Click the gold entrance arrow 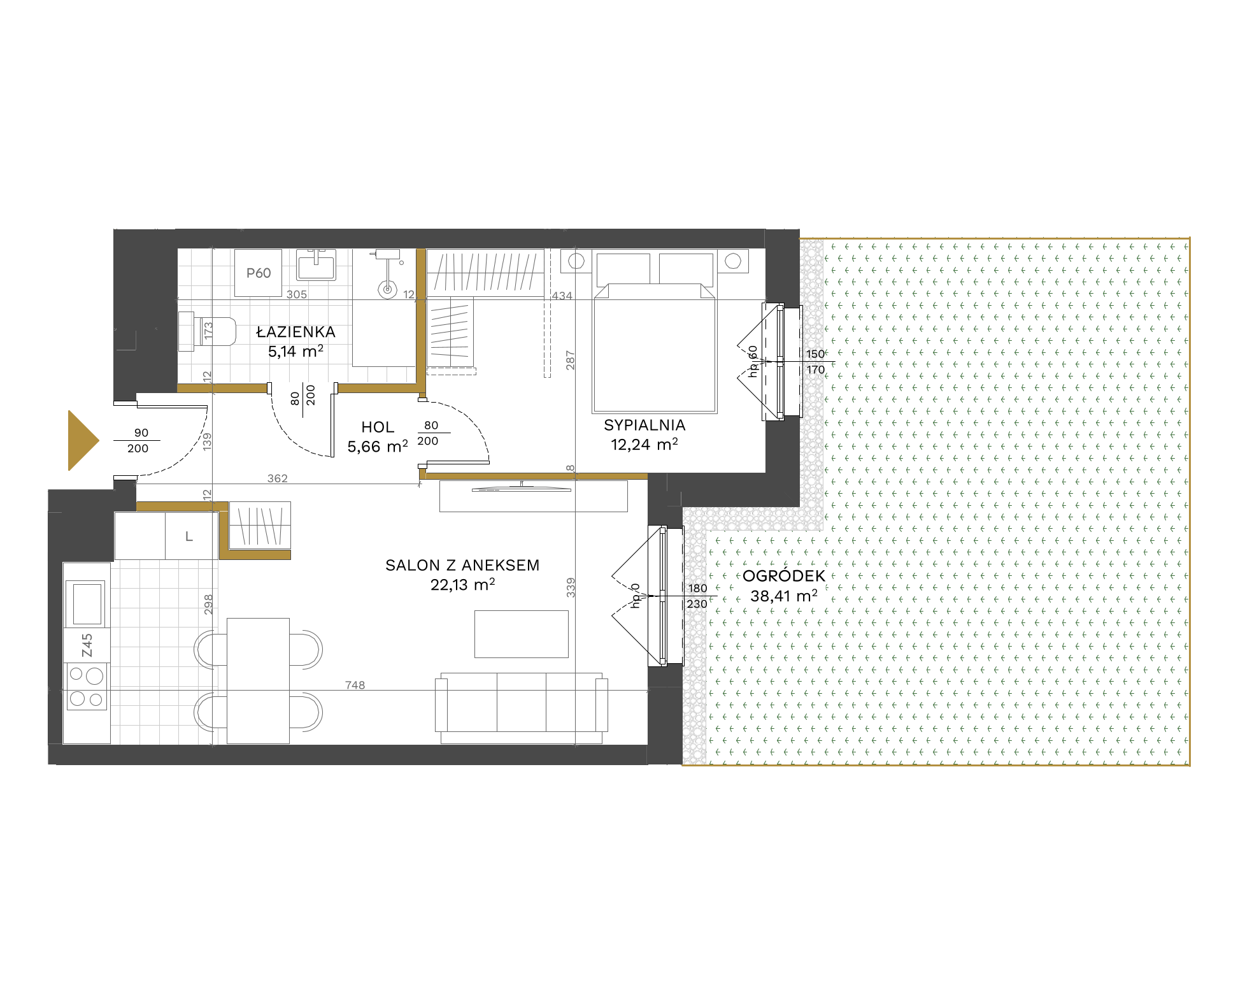[83, 440]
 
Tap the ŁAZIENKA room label [295, 332]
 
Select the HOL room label [378, 427]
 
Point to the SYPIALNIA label [644, 425]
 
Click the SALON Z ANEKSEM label [462, 565]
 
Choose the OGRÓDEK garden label [784, 575]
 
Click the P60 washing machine [258, 273]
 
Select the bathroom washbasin [317, 264]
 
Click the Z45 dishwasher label [87, 645]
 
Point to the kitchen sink [87, 603]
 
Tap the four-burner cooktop [87, 686]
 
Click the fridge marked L [189, 536]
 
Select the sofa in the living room [522, 707]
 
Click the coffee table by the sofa [522, 634]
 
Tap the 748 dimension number [355, 685]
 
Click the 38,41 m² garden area [784, 596]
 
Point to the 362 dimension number [278, 478]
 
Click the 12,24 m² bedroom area [644, 445]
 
